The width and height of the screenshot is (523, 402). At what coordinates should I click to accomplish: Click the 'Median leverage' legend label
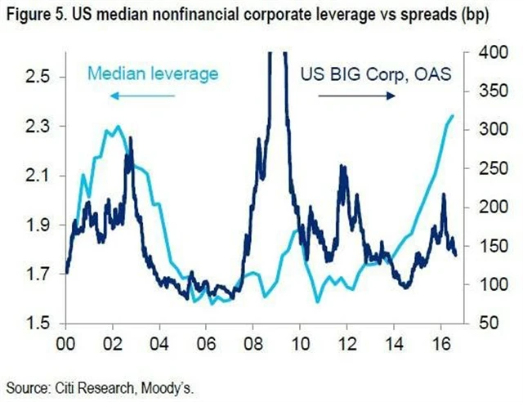pos(153,74)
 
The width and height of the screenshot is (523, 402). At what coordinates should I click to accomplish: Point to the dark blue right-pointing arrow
pos(356,96)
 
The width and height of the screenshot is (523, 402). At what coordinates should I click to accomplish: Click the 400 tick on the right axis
pos(484,53)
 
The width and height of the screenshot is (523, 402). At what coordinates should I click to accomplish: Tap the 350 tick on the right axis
pos(484,92)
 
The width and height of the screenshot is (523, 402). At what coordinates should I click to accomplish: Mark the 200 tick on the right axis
pos(484,208)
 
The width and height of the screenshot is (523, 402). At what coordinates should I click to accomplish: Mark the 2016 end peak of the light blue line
pos(454,116)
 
